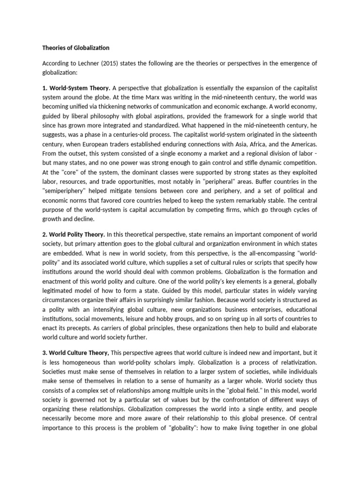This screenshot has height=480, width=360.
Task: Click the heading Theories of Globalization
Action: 75,48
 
